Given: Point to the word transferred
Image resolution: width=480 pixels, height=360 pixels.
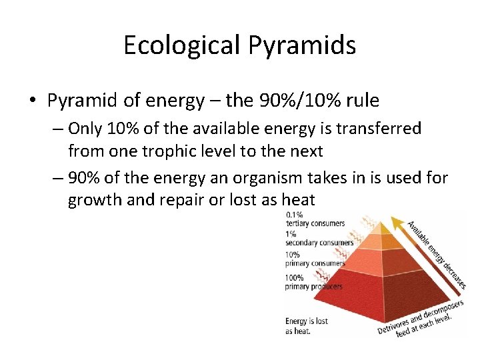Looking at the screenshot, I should pos(380,128).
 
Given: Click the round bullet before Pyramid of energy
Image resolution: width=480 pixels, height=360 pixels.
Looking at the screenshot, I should pos(33,101).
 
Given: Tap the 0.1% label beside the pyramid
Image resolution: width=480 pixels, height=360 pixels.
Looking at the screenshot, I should pos(294,215).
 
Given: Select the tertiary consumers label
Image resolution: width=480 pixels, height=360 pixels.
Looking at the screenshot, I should pos(315,223).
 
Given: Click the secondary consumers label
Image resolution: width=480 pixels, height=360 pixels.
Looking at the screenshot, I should pos(319,243).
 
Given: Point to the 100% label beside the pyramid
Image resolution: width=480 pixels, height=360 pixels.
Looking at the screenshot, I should pos(295,277).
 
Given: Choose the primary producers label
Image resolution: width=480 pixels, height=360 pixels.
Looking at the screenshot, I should pos(313,287).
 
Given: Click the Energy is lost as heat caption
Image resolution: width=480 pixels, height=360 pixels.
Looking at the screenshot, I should pos(306,326).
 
